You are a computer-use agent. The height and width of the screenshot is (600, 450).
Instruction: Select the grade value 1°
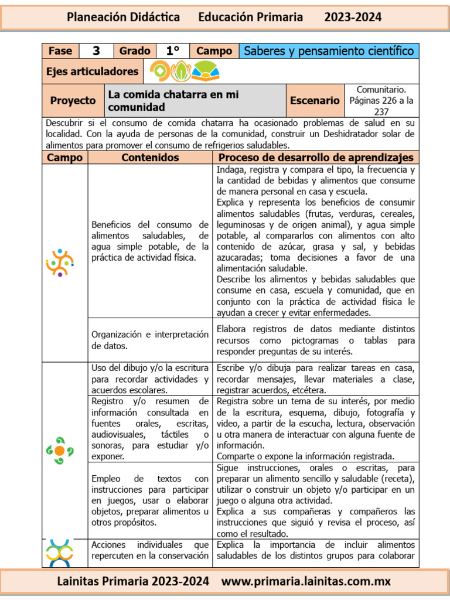click(173, 51)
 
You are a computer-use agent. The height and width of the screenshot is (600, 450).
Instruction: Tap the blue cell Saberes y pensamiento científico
click(329, 51)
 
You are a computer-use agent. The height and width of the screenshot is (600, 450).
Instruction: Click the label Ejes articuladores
click(92, 71)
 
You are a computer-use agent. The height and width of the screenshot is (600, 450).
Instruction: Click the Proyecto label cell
click(73, 101)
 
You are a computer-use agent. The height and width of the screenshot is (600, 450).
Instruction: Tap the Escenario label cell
click(315, 101)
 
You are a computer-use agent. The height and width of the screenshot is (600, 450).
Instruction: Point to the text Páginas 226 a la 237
click(381, 105)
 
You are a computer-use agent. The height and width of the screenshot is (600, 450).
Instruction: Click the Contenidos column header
click(150, 158)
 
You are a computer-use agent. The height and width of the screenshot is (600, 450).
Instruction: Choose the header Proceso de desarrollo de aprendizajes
click(316, 158)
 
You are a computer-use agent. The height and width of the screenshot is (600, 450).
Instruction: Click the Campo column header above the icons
click(64, 158)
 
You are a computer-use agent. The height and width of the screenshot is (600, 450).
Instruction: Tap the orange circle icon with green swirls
click(60, 451)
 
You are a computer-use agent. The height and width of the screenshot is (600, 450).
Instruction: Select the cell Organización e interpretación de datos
click(150, 340)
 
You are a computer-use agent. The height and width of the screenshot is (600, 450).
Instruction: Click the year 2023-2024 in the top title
click(353, 18)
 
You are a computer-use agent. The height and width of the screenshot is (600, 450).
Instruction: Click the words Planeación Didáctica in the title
click(123, 18)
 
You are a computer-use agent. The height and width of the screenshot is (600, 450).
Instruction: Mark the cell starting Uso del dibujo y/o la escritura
click(150, 379)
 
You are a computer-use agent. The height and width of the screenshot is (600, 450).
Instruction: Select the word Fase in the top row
click(60, 51)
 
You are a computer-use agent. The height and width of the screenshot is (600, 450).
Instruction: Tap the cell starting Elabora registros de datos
click(316, 340)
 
